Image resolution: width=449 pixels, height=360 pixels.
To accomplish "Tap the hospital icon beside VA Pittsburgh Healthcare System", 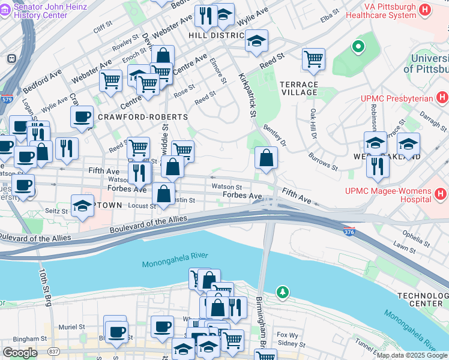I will point(426,10).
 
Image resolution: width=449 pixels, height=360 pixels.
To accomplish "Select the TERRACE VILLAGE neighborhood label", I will point(299,87).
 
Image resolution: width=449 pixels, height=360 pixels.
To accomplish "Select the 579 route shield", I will point(7,99).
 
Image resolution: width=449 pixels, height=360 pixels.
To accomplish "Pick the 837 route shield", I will point(54,351).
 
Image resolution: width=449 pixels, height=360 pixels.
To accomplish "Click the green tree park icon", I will point(282,292).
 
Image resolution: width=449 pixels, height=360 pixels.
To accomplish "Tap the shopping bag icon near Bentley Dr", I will point(266,158).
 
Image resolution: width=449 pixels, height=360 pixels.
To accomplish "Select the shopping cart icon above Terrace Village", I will point(313,59).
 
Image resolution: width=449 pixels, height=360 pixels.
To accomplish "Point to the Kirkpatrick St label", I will point(247,95).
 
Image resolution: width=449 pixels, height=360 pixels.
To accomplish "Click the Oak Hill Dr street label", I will point(313,123).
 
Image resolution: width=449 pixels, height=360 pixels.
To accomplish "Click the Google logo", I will point(20,353).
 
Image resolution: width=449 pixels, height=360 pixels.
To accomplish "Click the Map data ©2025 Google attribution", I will point(412,355).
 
